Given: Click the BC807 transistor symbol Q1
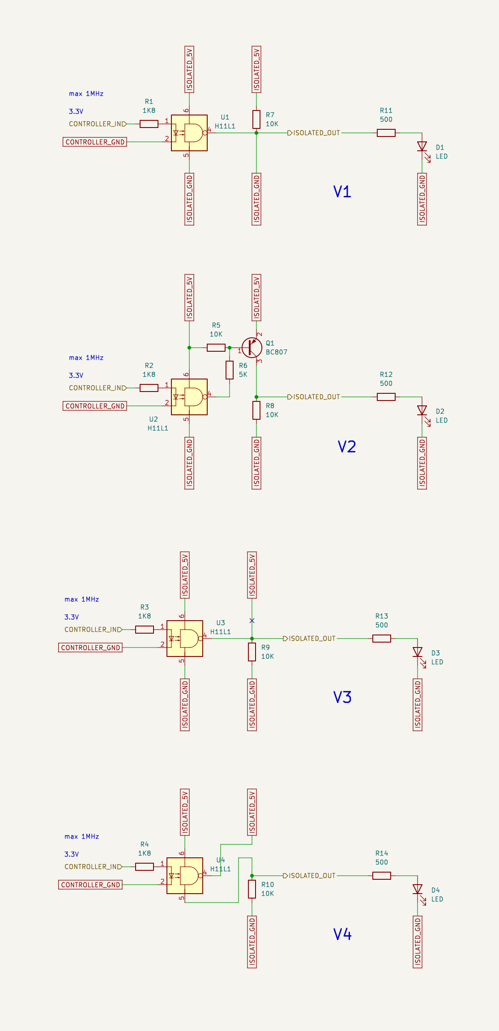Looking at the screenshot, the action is [x=252, y=348].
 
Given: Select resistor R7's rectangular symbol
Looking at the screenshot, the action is [x=256, y=119].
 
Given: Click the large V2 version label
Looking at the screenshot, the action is [x=346, y=447].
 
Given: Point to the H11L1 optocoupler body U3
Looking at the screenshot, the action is [x=185, y=639].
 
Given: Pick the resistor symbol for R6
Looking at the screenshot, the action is [x=230, y=370].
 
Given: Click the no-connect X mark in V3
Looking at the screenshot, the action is [x=252, y=621].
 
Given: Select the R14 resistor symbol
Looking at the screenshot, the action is [x=382, y=876].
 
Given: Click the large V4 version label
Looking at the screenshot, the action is [x=342, y=934].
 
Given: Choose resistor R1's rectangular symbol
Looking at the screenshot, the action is [x=149, y=124].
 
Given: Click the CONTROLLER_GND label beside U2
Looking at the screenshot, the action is [x=95, y=406].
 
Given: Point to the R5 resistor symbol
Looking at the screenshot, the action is [x=216, y=348].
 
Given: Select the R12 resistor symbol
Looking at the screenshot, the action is [x=386, y=397].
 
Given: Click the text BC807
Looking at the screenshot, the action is [x=277, y=352].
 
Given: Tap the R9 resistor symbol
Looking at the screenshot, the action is [x=252, y=652].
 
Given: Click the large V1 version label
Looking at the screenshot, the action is [x=342, y=192].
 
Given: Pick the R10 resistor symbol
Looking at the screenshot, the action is [x=252, y=889].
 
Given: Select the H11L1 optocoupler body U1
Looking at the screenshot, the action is [x=189, y=133].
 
